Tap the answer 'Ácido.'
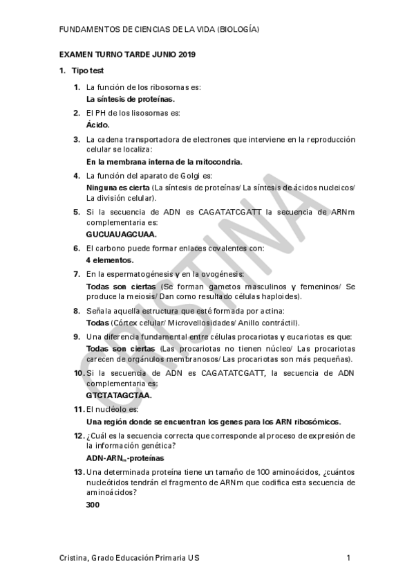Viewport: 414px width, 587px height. tap(98, 125)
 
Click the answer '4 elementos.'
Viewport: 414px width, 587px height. tap(109, 260)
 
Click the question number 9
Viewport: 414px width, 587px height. tap(77, 336)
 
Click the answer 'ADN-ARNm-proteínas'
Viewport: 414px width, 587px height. tap(125, 458)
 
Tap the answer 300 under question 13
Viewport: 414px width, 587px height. tap(93, 505)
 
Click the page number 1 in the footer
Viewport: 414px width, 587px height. tap(349, 558)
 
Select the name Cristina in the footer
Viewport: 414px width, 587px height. tap(74, 558)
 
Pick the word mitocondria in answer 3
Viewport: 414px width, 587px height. tap(216, 161)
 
